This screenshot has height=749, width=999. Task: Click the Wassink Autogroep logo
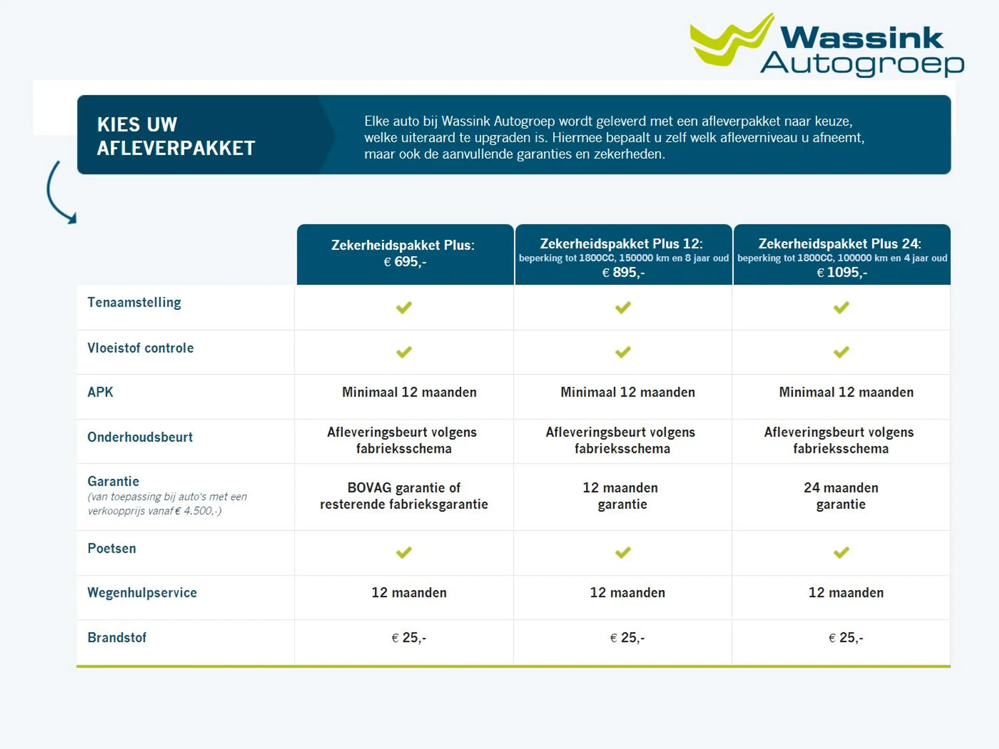tap(827, 45)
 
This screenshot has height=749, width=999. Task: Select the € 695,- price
tap(405, 262)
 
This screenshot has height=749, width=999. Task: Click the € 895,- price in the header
tap(623, 273)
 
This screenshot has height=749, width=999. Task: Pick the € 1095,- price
tap(842, 273)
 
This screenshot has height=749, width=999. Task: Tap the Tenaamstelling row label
tap(134, 302)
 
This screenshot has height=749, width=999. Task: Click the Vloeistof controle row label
tap(140, 348)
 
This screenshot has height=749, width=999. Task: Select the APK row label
tap(100, 392)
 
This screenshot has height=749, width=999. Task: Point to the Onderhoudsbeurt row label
tap(140, 437)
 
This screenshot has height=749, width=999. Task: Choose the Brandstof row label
tap(117, 637)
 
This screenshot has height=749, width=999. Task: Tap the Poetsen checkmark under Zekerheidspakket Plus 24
tap(841, 552)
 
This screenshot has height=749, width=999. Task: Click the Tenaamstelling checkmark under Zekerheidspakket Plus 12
tap(623, 307)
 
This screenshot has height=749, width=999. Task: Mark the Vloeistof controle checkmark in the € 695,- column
tap(404, 352)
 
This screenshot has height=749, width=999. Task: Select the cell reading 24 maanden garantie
tap(841, 496)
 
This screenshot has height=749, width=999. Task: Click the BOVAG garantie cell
tap(404, 496)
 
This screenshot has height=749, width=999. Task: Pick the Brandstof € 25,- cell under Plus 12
tap(627, 637)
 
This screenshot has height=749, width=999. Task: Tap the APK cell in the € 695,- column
tap(409, 392)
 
